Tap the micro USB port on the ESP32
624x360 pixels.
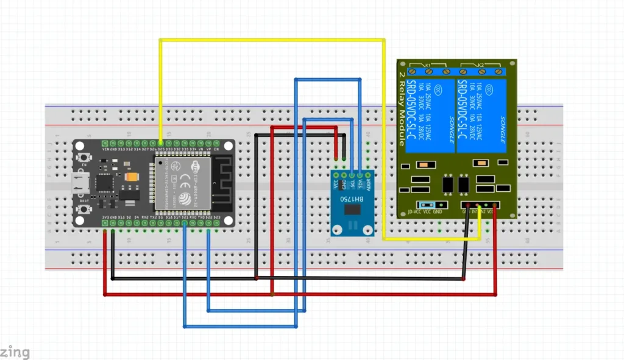click(x=79, y=182)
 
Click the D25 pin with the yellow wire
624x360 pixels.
click(x=160, y=143)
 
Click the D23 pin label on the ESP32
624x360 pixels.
click(x=216, y=217)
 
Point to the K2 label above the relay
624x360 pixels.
click(x=480, y=65)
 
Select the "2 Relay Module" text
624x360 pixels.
click(x=402, y=109)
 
